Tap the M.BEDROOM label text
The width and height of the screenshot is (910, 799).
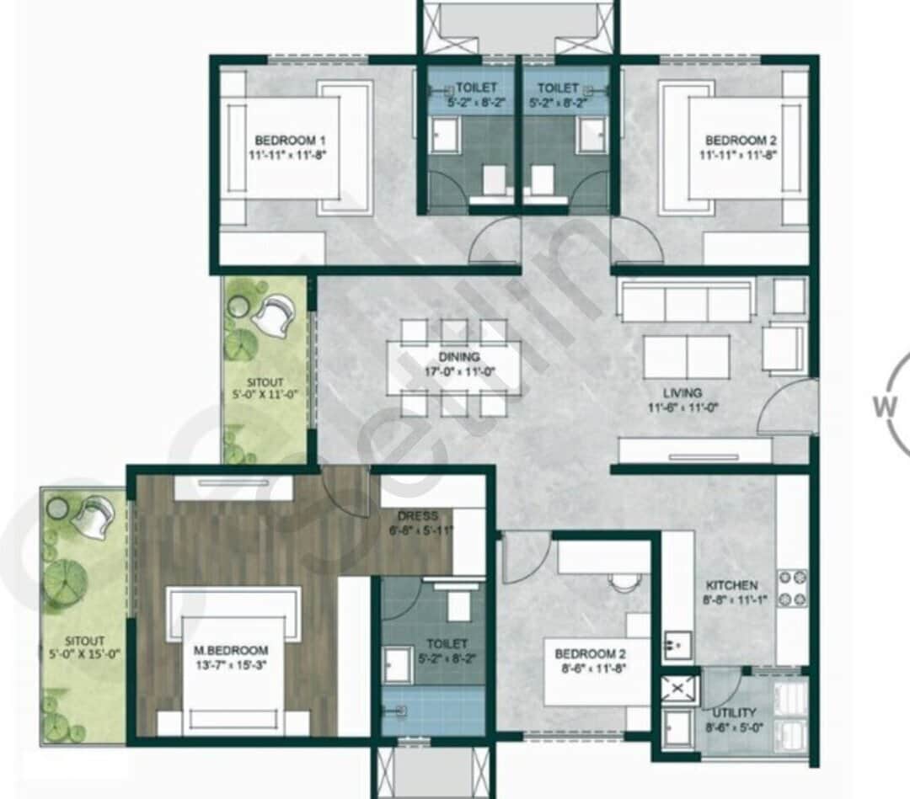(230, 650)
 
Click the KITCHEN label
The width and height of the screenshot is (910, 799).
(731, 584)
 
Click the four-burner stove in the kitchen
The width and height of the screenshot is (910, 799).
(792, 588)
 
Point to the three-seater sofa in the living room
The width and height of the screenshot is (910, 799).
(686, 302)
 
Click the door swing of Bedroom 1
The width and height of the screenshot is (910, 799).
(494, 242)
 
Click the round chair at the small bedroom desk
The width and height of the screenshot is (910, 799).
(624, 581)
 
